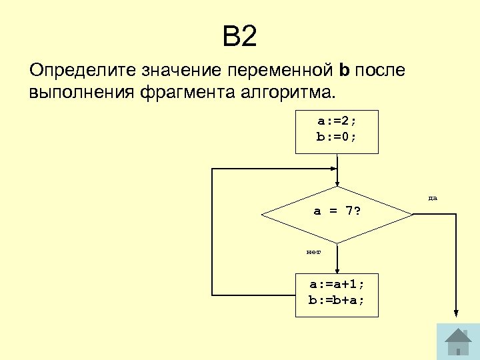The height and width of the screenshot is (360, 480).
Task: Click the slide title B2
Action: (x=239, y=37)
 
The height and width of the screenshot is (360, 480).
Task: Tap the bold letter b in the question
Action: (x=344, y=70)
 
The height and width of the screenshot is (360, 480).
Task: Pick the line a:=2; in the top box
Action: (x=337, y=122)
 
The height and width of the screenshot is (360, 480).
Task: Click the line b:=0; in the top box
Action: (x=337, y=137)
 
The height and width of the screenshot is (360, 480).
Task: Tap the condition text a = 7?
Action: (x=337, y=211)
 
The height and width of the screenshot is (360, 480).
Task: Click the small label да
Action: (x=433, y=198)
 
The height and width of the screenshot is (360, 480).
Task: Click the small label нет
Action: (x=313, y=252)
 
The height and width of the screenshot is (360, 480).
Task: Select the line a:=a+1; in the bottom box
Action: (x=337, y=285)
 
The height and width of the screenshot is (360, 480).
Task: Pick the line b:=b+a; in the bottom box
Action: (x=337, y=300)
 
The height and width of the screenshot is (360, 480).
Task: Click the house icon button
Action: (x=457, y=341)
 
